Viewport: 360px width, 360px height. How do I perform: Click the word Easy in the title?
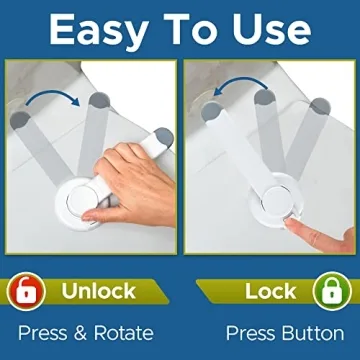point(104,29)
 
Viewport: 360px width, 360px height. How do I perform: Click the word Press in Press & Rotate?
point(41,332)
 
